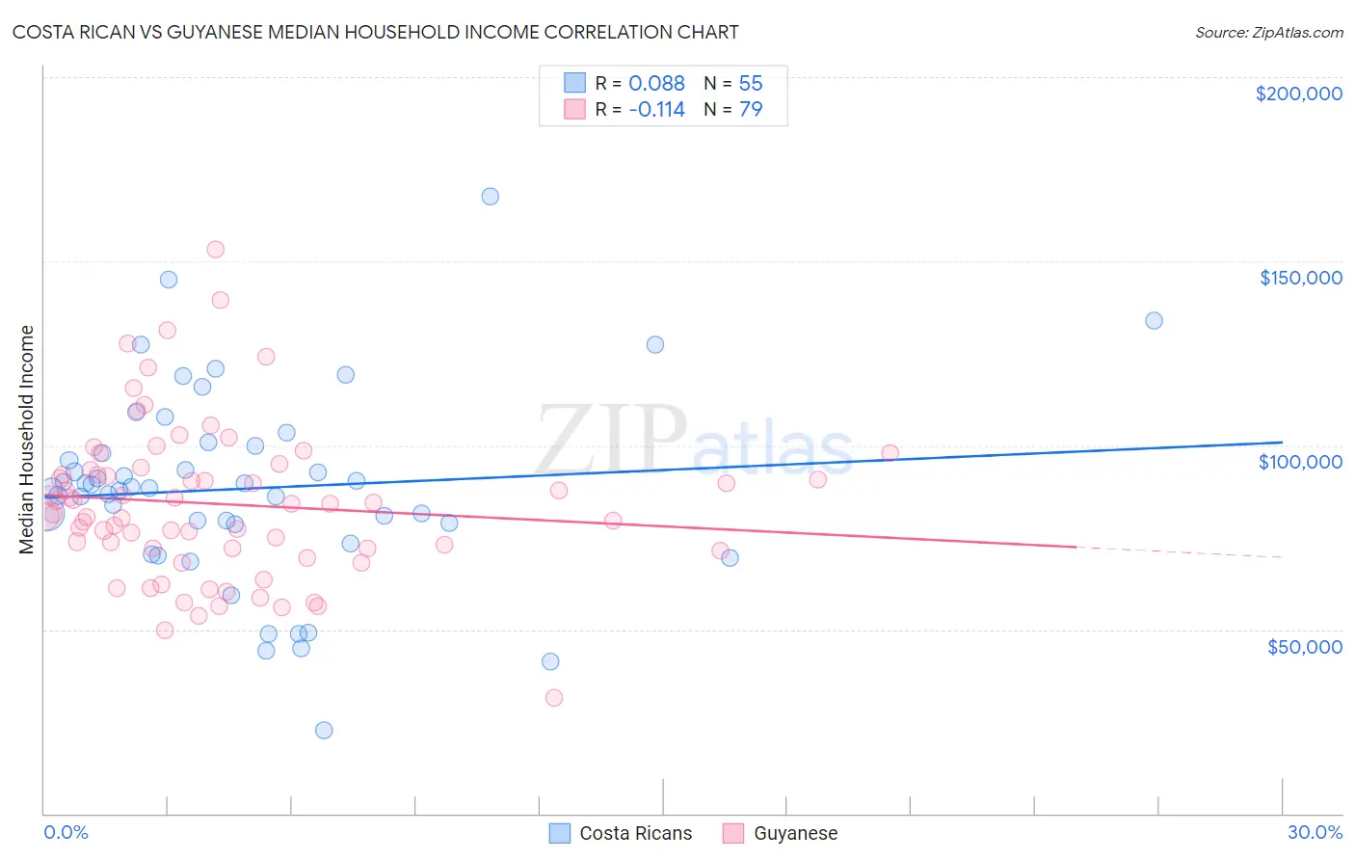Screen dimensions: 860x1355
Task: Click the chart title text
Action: pyautogui.click(x=376, y=32)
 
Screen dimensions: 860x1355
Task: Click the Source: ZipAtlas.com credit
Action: pyautogui.click(x=1268, y=33)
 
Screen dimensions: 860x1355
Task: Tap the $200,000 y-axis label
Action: pyautogui.click(x=1298, y=94)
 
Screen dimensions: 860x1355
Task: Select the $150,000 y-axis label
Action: pyautogui.click(x=1300, y=278)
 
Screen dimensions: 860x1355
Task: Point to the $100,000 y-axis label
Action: pyautogui.click(x=1300, y=462)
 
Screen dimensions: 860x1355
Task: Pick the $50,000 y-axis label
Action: pyautogui.click(x=1304, y=646)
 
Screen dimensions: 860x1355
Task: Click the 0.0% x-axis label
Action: pyautogui.click(x=66, y=832)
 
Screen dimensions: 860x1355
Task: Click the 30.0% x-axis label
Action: pyautogui.click(x=1315, y=832)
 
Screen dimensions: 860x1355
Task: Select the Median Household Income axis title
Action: pyautogui.click(x=26, y=440)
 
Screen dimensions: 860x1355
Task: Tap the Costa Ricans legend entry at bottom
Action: pyautogui.click(x=621, y=833)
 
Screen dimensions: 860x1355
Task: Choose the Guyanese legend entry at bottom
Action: pyautogui.click(x=781, y=833)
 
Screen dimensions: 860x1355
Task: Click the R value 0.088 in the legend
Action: pyautogui.click(x=656, y=83)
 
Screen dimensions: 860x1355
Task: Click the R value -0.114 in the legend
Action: pyautogui.click(x=656, y=109)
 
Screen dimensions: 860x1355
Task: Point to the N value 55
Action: pyautogui.click(x=751, y=83)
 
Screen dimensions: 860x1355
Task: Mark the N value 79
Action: pyautogui.click(x=751, y=109)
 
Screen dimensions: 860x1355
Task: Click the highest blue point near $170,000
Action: pyautogui.click(x=490, y=197)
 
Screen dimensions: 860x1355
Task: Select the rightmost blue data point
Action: pyautogui.click(x=1154, y=321)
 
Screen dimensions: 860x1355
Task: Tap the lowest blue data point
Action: pyautogui.click(x=324, y=730)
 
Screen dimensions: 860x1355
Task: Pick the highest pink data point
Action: pyautogui.click(x=216, y=250)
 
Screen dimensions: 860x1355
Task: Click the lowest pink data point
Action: pyautogui.click(x=553, y=698)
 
